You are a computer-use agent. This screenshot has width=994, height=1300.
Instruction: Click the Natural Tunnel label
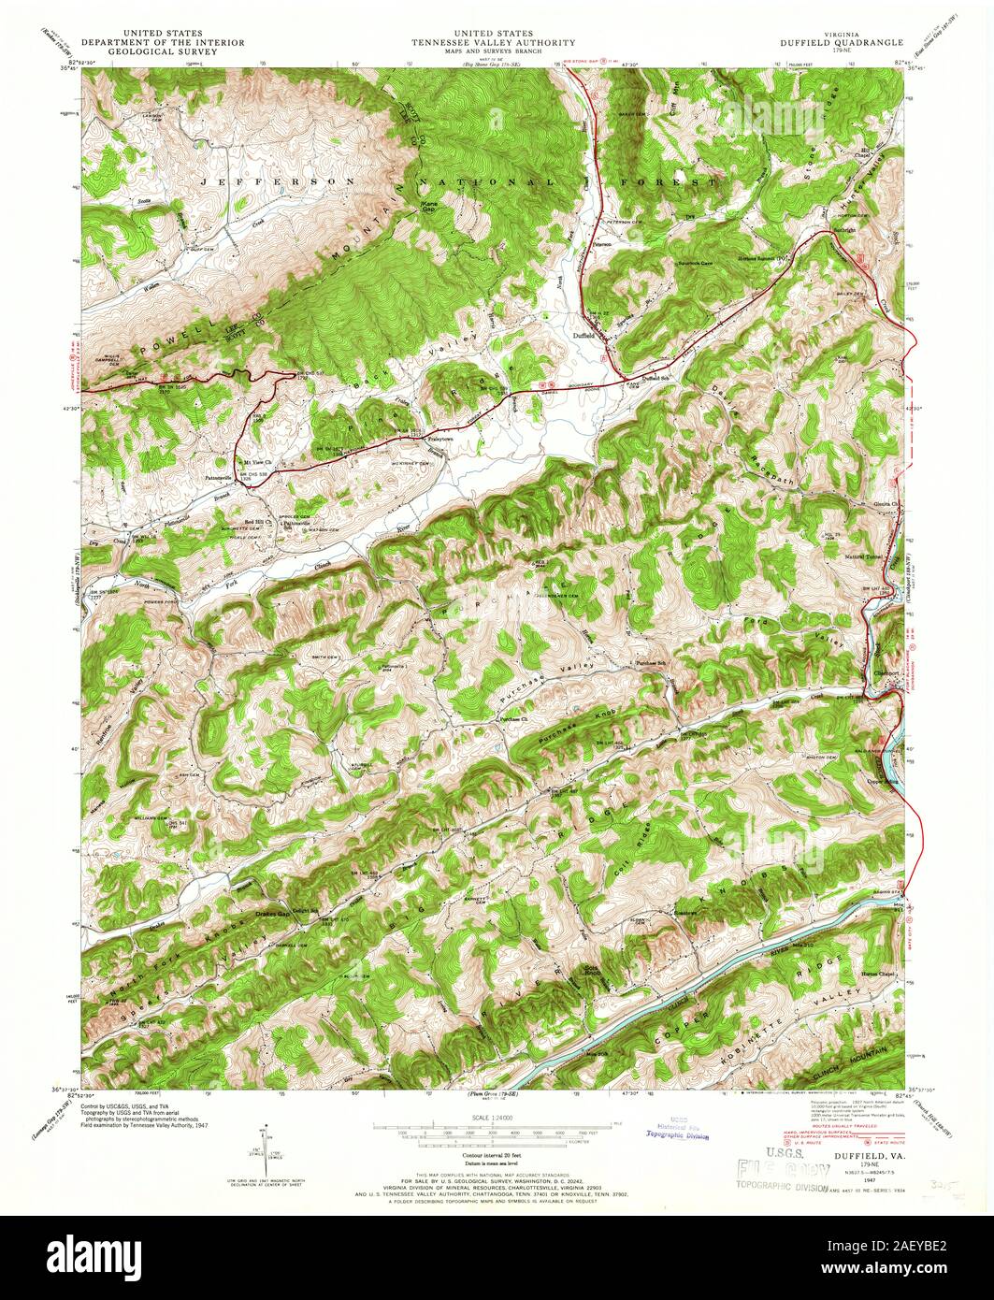(x=863, y=557)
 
